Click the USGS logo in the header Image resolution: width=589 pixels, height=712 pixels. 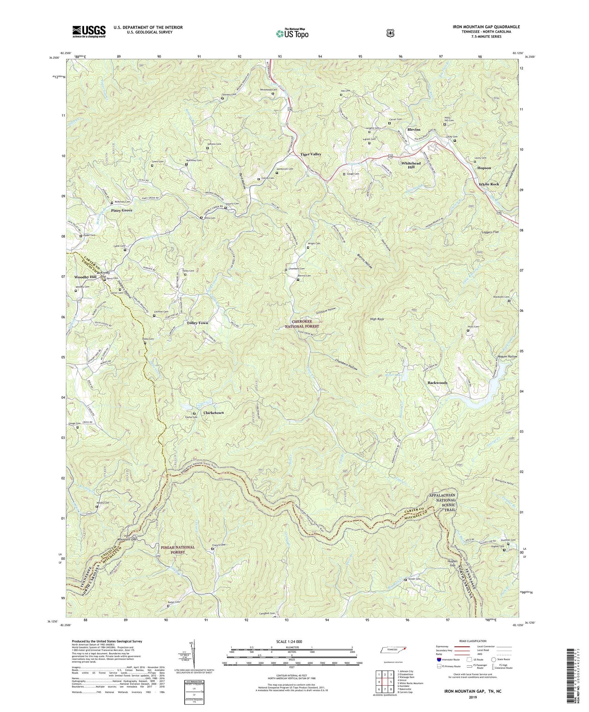[89, 31]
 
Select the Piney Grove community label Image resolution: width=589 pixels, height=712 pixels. [121, 210]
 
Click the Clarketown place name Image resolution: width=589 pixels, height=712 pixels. [214, 413]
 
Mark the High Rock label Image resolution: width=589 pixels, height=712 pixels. [377, 319]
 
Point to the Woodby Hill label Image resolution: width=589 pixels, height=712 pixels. [85, 277]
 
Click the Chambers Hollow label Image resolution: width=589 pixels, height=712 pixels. [347, 365]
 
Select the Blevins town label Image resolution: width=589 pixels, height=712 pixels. [413, 130]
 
